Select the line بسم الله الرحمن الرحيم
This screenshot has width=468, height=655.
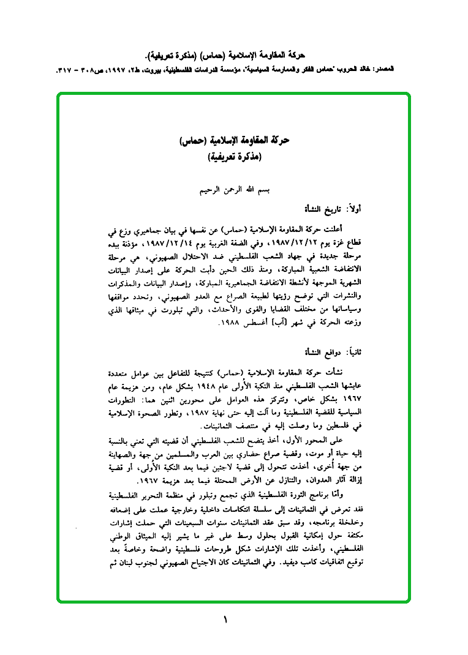pos(235,190)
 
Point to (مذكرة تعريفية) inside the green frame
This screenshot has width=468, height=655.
pos(235,156)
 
